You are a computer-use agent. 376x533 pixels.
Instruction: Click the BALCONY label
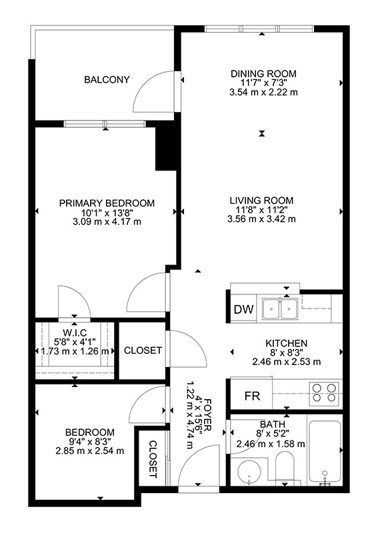(107, 79)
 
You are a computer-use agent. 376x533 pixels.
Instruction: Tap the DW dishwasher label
(244, 309)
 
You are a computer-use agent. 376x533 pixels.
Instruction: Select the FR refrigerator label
(252, 396)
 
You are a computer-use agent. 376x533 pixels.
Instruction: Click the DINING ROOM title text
(263, 74)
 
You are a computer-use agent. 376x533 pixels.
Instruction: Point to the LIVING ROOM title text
(261, 201)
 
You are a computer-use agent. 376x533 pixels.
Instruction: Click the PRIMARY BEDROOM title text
(107, 203)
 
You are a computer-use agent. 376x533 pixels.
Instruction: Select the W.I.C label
(75, 332)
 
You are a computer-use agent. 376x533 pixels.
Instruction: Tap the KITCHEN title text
(286, 343)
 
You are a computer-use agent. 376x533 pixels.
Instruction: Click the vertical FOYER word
(207, 415)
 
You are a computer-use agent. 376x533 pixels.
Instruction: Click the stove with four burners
(324, 393)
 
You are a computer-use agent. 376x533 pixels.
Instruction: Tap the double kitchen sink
(280, 309)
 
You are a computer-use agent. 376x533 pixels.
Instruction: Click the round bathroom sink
(249, 472)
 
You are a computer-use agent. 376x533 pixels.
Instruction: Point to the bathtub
(324, 452)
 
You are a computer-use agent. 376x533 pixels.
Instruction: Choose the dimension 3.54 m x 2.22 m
(263, 92)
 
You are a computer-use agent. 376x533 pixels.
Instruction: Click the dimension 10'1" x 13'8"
(107, 213)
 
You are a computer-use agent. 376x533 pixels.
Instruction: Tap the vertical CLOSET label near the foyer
(153, 460)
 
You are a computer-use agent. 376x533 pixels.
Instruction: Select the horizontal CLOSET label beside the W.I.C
(143, 350)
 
